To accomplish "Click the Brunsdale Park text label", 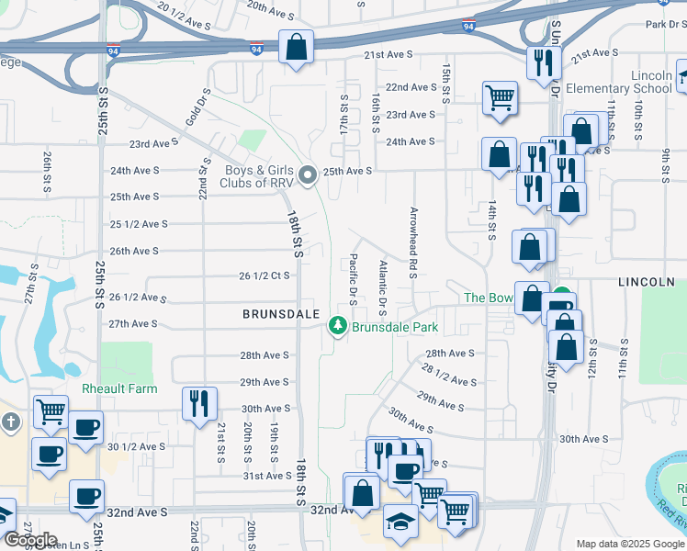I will click(x=395, y=327).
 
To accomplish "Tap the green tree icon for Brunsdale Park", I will click(x=338, y=326).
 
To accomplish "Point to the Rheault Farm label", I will click(x=119, y=388).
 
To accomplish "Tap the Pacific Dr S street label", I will click(x=353, y=280).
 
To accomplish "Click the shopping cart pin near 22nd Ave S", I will click(x=499, y=98).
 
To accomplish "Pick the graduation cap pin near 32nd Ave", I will click(x=400, y=523).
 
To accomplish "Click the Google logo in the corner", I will click(x=30, y=540).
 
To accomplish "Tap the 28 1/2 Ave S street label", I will click(x=450, y=375).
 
